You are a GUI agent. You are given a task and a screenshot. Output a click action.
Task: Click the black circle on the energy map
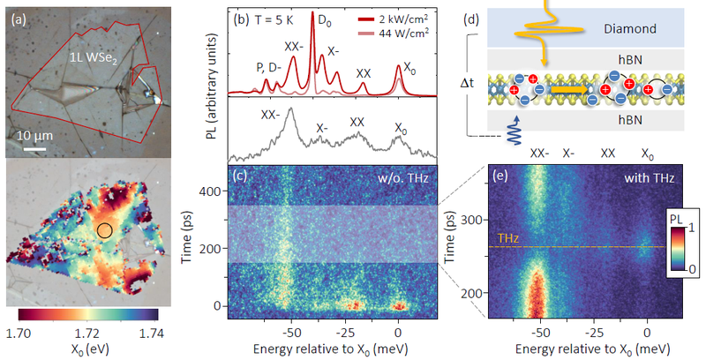tap(104, 231)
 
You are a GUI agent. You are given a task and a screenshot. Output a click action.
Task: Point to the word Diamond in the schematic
tap(630, 29)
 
